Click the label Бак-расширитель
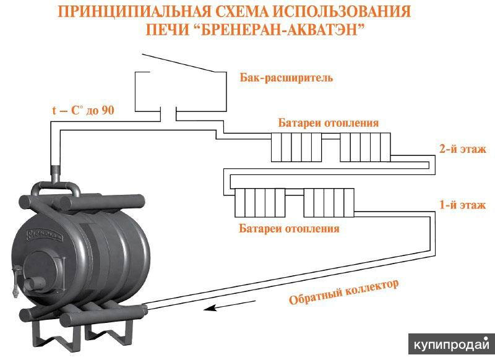click(x=286, y=78)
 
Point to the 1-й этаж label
click(x=462, y=205)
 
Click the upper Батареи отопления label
click(x=328, y=122)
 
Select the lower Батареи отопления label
click(x=289, y=228)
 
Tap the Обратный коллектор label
click(x=344, y=292)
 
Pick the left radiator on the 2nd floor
click(x=295, y=147)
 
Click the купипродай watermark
click(x=451, y=344)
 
